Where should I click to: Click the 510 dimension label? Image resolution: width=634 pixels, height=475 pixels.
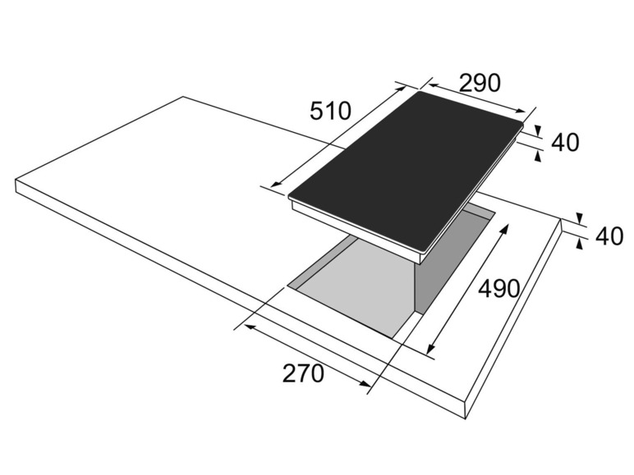click(330, 111)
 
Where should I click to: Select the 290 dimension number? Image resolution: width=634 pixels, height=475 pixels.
click(480, 83)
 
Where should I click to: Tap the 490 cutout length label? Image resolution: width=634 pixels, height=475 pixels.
click(498, 289)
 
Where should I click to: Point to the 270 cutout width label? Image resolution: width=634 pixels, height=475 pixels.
click(303, 373)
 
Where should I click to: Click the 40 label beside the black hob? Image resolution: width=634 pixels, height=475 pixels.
click(565, 142)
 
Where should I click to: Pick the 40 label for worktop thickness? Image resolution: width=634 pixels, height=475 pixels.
click(609, 236)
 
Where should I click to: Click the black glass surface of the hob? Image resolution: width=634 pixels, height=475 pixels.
click(407, 170)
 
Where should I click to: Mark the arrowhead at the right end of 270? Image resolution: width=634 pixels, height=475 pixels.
click(365, 384)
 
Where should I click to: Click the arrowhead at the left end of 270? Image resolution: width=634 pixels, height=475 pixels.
click(251, 327)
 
